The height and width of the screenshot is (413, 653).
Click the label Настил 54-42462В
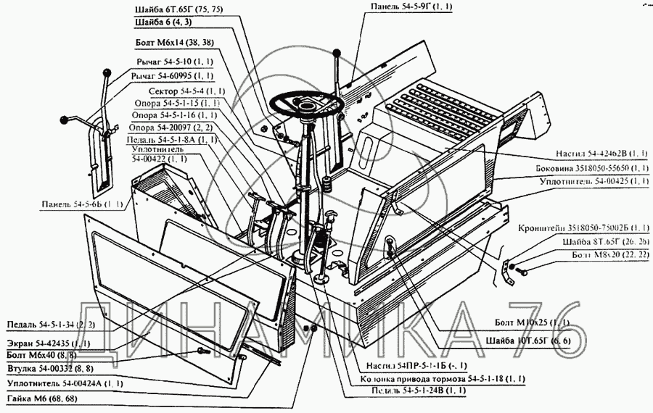[601, 154]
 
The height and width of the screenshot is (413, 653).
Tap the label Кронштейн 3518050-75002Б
[584, 228]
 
